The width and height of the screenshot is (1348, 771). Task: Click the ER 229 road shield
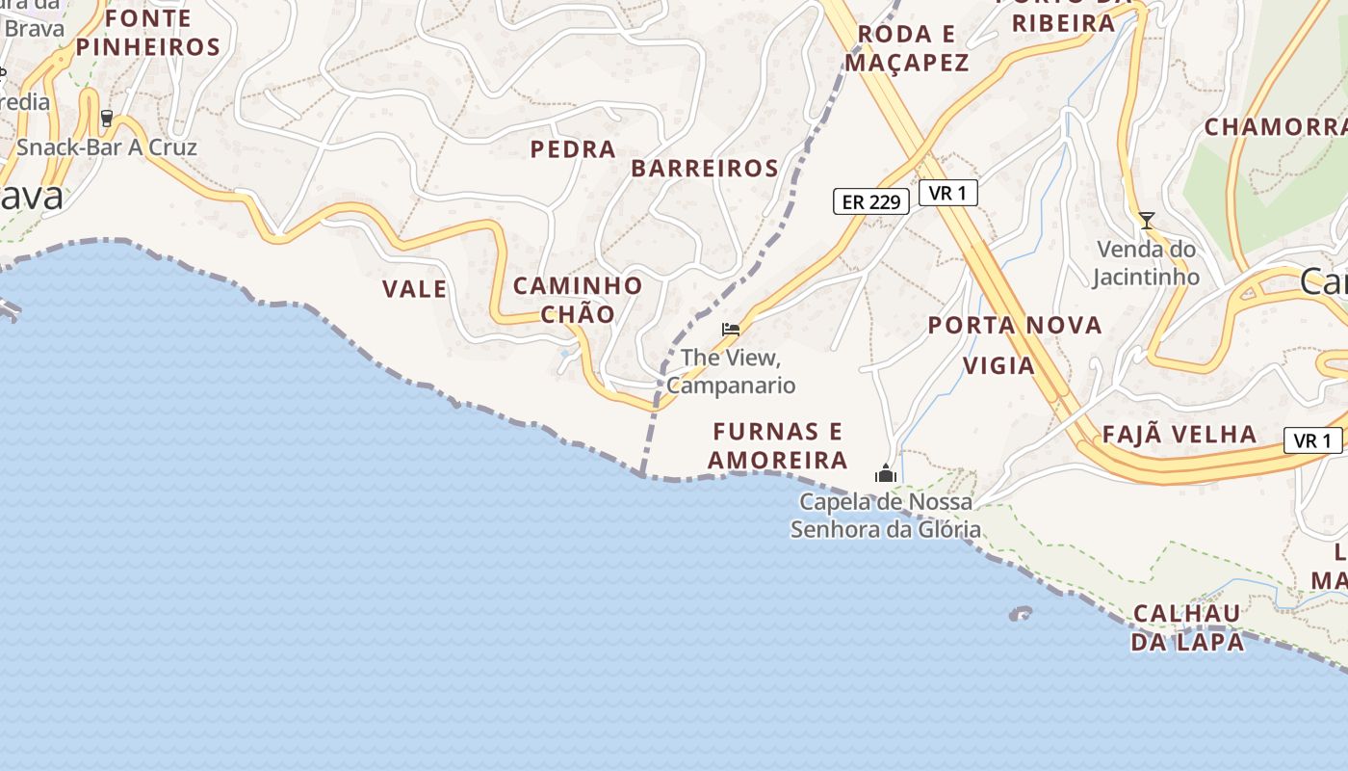pyautogui.click(x=871, y=201)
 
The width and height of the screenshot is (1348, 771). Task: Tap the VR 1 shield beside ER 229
pyautogui.click(x=948, y=193)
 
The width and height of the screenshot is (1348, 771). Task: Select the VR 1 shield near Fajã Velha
pyautogui.click(x=1313, y=441)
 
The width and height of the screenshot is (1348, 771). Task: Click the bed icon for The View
pyautogui.click(x=731, y=330)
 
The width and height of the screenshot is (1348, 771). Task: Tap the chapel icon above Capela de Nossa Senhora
pyautogui.click(x=885, y=473)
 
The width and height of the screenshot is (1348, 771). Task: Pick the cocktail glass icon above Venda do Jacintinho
pyautogui.click(x=1146, y=221)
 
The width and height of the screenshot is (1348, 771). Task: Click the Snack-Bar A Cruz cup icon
pyautogui.click(x=106, y=119)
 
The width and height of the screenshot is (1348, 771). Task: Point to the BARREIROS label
pyautogui.click(x=705, y=169)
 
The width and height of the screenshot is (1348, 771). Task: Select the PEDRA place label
pyautogui.click(x=574, y=149)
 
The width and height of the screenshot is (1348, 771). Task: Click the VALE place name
pyautogui.click(x=415, y=289)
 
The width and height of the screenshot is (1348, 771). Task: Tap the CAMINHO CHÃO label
pyautogui.click(x=578, y=300)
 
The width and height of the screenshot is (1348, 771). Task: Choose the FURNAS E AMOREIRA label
pyautogui.click(x=778, y=445)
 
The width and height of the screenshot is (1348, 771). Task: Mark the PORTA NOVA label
pyautogui.click(x=1015, y=326)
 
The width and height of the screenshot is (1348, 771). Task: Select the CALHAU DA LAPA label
pyautogui.click(x=1187, y=627)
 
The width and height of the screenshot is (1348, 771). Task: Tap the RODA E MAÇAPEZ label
pyautogui.click(x=906, y=49)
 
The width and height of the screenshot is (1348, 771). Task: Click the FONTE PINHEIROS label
pyautogui.click(x=148, y=32)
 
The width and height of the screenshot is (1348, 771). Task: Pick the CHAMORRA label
pyautogui.click(x=1275, y=127)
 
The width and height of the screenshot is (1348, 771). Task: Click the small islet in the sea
pyautogui.click(x=1020, y=613)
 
